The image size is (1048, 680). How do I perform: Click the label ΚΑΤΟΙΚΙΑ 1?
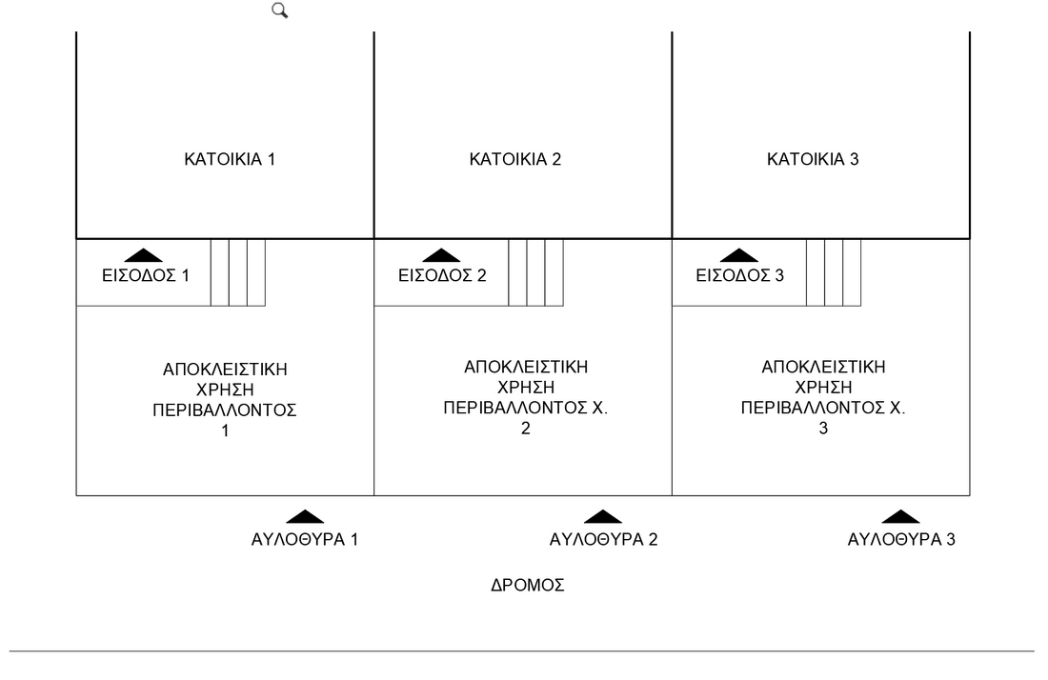coord(230,159)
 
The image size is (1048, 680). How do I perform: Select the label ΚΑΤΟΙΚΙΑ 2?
coord(515,159)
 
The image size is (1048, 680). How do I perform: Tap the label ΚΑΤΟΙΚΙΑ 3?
coord(813,159)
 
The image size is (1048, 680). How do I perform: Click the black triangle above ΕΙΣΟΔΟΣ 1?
coord(144,255)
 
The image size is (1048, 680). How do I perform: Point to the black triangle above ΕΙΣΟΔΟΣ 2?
coord(441,255)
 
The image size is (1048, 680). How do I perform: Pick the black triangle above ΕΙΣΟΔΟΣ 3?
coord(739,255)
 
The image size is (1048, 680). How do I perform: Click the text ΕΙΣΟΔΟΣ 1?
coord(146,276)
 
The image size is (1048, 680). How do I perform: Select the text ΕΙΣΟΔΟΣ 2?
coord(442,276)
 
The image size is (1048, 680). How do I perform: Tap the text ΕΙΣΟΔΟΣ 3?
coord(740,276)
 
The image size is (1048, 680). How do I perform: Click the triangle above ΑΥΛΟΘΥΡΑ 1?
coord(305,517)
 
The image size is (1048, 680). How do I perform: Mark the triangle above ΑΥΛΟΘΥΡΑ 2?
coord(602,517)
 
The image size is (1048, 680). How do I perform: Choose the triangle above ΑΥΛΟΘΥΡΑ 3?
coord(900,517)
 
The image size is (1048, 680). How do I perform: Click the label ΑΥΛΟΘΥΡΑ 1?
coord(305,540)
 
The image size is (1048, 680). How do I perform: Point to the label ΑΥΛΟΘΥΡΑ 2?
coord(603,540)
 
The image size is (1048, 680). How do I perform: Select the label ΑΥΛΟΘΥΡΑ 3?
coord(901,540)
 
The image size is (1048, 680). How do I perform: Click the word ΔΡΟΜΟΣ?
coord(528,586)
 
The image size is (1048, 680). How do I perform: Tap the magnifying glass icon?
coord(280,10)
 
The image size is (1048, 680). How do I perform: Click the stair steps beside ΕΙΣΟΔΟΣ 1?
coord(238,272)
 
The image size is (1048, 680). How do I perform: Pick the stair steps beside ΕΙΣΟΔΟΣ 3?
coord(834,272)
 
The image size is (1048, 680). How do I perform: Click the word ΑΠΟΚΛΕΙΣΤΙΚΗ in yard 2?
coord(526,367)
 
